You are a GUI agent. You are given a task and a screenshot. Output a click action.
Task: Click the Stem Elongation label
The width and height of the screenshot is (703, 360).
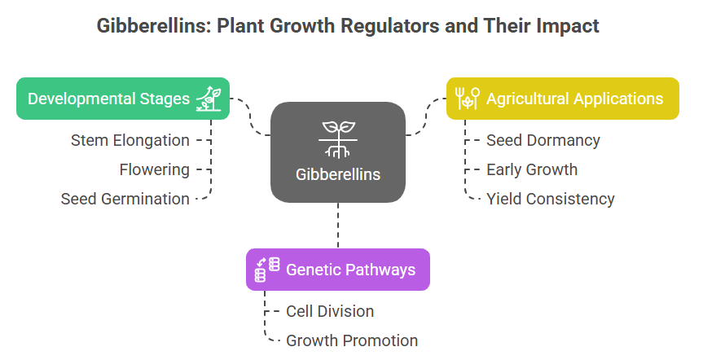pos(130,140)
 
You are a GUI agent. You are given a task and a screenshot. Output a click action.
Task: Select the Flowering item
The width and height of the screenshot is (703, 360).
pos(154,170)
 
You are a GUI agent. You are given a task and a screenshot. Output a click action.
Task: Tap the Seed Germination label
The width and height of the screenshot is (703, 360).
pos(125,199)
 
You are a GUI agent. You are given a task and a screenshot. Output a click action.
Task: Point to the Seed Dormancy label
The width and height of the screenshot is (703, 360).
pos(543,140)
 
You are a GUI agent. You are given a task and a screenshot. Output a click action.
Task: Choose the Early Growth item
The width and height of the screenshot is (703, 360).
pos(532,170)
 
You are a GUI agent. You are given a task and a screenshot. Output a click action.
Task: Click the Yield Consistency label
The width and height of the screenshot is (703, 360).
pos(550,199)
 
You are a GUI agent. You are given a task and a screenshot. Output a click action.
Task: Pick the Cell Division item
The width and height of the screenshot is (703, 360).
pos(330,311)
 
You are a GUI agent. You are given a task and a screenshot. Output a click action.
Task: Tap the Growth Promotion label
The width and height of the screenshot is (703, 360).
pos(352,340)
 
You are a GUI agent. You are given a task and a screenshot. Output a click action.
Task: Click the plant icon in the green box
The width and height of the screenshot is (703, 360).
pos(209,99)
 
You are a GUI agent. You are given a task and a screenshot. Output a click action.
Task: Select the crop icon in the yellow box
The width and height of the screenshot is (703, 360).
pos(468,99)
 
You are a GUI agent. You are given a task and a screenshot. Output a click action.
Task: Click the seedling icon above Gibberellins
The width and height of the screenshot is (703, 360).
pos(338,139)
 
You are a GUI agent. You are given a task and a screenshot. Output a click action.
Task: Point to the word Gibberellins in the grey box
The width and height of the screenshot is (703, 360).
pos(338,174)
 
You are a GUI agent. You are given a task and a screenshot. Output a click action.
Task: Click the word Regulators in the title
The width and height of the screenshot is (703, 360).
pos(389,25)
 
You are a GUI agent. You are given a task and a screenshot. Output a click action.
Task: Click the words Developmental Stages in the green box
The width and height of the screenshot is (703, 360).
pos(108,99)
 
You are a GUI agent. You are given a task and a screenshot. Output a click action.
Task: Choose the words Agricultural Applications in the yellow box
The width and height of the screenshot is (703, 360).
pos(575,99)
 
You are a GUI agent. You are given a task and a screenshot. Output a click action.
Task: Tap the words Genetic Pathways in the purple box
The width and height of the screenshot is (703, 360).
pos(350,270)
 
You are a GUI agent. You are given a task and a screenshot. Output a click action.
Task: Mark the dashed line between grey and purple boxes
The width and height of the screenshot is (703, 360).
pos(338,226)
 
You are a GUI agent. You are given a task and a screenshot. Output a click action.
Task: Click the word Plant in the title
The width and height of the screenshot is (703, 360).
pos(241,25)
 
